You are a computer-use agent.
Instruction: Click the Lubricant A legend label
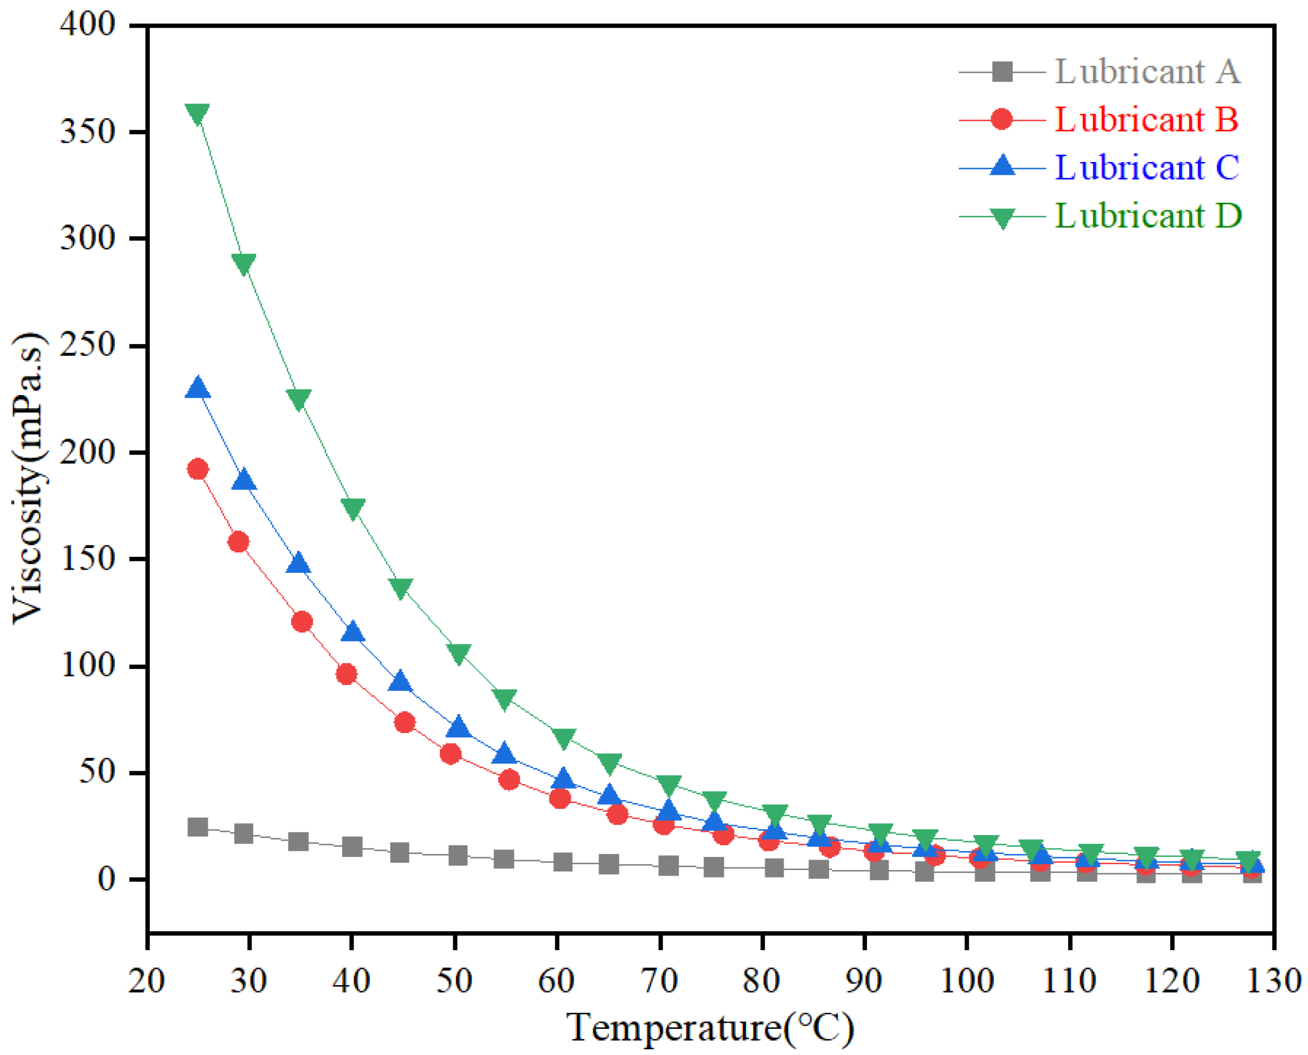tap(1147, 71)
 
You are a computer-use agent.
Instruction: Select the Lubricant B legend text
tap(1146, 119)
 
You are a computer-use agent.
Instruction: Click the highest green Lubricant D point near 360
tap(198, 113)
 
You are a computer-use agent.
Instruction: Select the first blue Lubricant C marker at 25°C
tap(198, 388)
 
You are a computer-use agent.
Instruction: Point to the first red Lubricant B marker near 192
tap(198, 469)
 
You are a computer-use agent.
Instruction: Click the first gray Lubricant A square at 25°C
tap(198, 827)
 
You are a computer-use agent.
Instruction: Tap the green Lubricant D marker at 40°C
tap(352, 508)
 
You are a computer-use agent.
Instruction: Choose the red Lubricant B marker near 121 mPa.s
tap(302, 622)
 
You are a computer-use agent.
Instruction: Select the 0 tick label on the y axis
tap(107, 879)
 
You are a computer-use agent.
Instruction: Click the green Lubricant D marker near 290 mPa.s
tap(243, 264)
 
